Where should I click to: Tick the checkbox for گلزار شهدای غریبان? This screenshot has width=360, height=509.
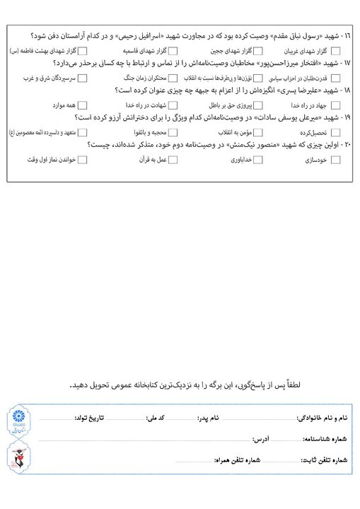[335, 51]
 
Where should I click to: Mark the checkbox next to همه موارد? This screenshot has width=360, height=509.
[83, 105]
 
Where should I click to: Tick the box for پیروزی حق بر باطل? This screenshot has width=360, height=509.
[257, 105]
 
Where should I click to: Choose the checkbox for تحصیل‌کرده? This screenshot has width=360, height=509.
[335, 132]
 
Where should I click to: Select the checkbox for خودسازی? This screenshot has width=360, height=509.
[335, 160]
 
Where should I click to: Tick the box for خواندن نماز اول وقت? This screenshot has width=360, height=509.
[83, 160]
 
